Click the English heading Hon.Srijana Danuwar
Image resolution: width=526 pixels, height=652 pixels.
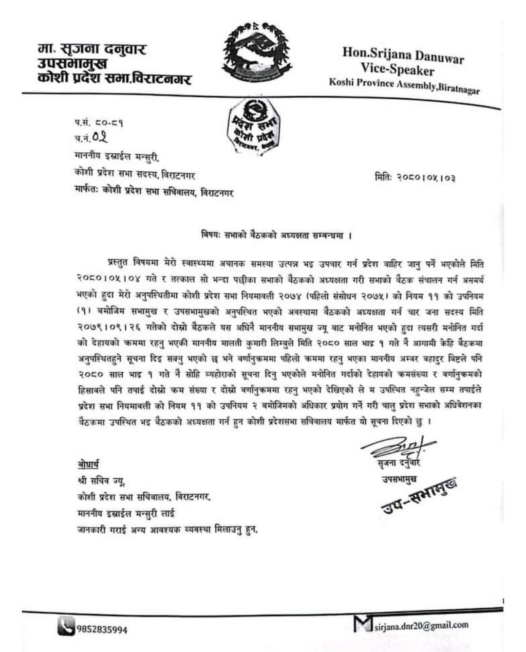tap(403, 55)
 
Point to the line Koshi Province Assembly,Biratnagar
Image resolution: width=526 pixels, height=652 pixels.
tap(404, 86)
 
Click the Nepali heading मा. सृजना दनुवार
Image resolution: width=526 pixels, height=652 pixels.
tap(92, 49)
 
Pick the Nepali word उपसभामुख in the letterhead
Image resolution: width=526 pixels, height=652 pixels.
tap(72, 64)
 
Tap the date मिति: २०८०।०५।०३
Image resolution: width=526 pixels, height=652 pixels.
tap(415, 178)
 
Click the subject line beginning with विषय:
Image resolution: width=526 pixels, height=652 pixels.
tap(276, 235)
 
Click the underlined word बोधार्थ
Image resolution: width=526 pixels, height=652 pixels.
tap(88, 464)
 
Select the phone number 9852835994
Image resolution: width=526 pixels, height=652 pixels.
tap(102, 630)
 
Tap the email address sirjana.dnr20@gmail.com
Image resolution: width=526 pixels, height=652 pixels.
tap(421, 626)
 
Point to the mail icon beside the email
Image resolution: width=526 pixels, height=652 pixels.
tap(363, 623)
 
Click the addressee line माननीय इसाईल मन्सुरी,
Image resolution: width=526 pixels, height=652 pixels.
tap(117, 157)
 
